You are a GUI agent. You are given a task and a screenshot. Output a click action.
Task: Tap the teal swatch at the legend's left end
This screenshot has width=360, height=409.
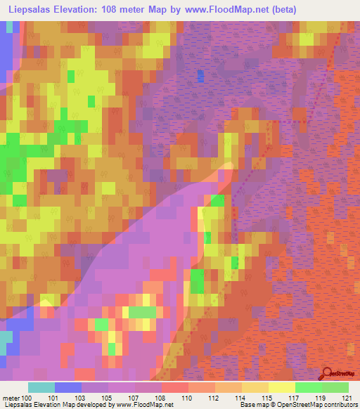click(41, 387)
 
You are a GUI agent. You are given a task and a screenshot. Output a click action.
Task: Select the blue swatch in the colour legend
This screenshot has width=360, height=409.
click(68, 387)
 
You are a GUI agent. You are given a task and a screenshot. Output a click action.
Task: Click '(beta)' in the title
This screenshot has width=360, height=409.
click(284, 10)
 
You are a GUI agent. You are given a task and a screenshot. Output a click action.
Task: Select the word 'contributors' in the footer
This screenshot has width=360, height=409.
click(339, 405)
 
